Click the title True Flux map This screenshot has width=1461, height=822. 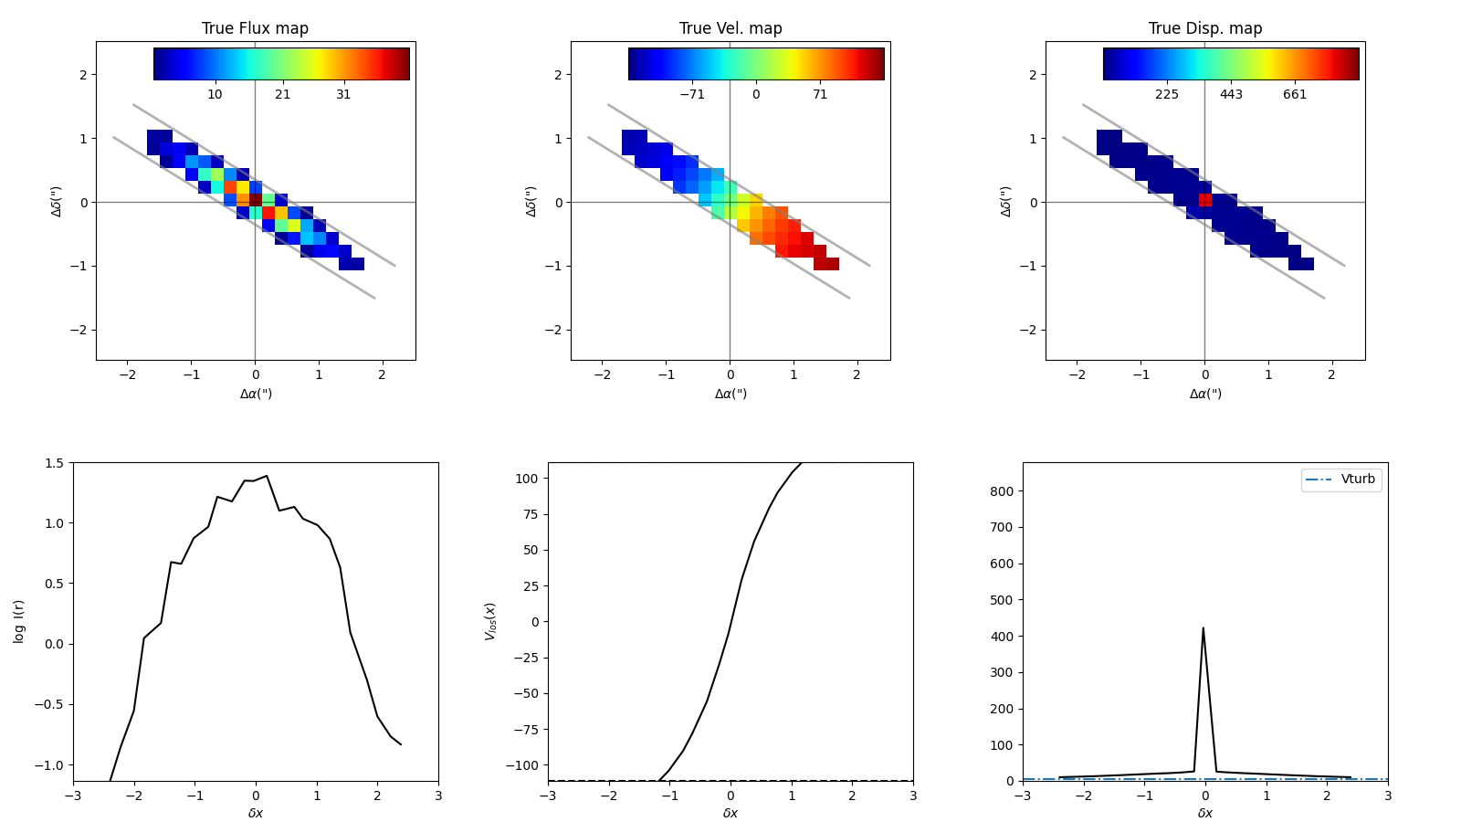[255, 28]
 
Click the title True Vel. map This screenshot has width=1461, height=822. [730, 28]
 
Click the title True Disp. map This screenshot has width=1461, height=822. [1205, 28]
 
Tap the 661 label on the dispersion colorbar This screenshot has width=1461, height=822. [1295, 94]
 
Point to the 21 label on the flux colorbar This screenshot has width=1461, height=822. [282, 94]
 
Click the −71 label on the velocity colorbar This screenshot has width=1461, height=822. [692, 94]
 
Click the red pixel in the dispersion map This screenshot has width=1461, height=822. [1205, 199]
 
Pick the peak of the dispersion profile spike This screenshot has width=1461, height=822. [1203, 628]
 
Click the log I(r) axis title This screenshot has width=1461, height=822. [19, 621]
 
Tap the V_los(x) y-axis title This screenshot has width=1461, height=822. [490, 621]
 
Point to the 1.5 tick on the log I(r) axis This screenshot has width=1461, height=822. [55, 463]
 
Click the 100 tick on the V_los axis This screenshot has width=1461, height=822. [528, 478]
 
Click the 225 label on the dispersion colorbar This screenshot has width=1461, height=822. [1167, 94]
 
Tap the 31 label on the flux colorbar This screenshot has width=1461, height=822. [343, 94]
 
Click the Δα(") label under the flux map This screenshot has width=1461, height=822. [256, 394]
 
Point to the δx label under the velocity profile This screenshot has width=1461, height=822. [730, 813]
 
